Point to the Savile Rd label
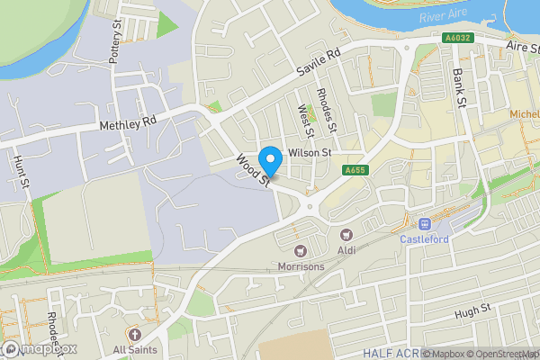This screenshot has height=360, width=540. click(x=320, y=62)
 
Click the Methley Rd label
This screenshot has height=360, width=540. click(x=129, y=119)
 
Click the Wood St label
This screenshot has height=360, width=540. click(x=253, y=171)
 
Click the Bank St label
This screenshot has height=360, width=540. click(x=459, y=86)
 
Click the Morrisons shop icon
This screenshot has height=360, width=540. click(x=301, y=251)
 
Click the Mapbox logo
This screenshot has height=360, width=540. click(x=38, y=349)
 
